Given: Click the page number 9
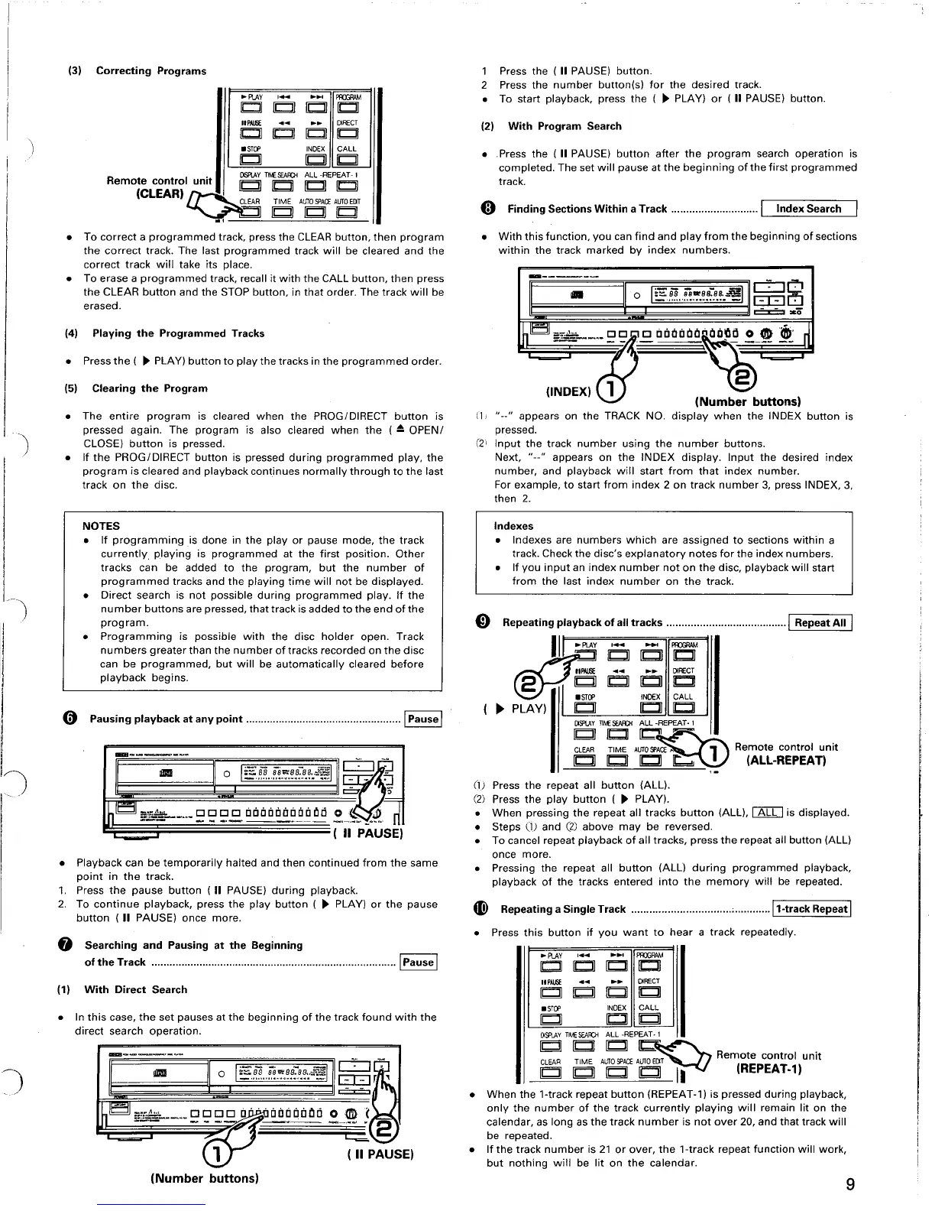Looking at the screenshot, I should click(850, 1185).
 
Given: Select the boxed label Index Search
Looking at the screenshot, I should click(808, 209).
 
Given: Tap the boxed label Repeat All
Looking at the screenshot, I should click(820, 622).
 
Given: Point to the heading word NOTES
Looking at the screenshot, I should click(101, 526).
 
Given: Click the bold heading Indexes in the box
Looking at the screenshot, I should click(513, 526).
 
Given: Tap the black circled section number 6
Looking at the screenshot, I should click(69, 719).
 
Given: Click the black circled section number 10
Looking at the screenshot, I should click(480, 909).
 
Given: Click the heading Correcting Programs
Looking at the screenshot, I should click(150, 71).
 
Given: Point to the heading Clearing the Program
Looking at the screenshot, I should click(150, 388).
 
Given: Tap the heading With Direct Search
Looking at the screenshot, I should click(135, 989).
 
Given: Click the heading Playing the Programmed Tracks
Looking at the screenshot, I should click(178, 333).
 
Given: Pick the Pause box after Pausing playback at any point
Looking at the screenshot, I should click(423, 719).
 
